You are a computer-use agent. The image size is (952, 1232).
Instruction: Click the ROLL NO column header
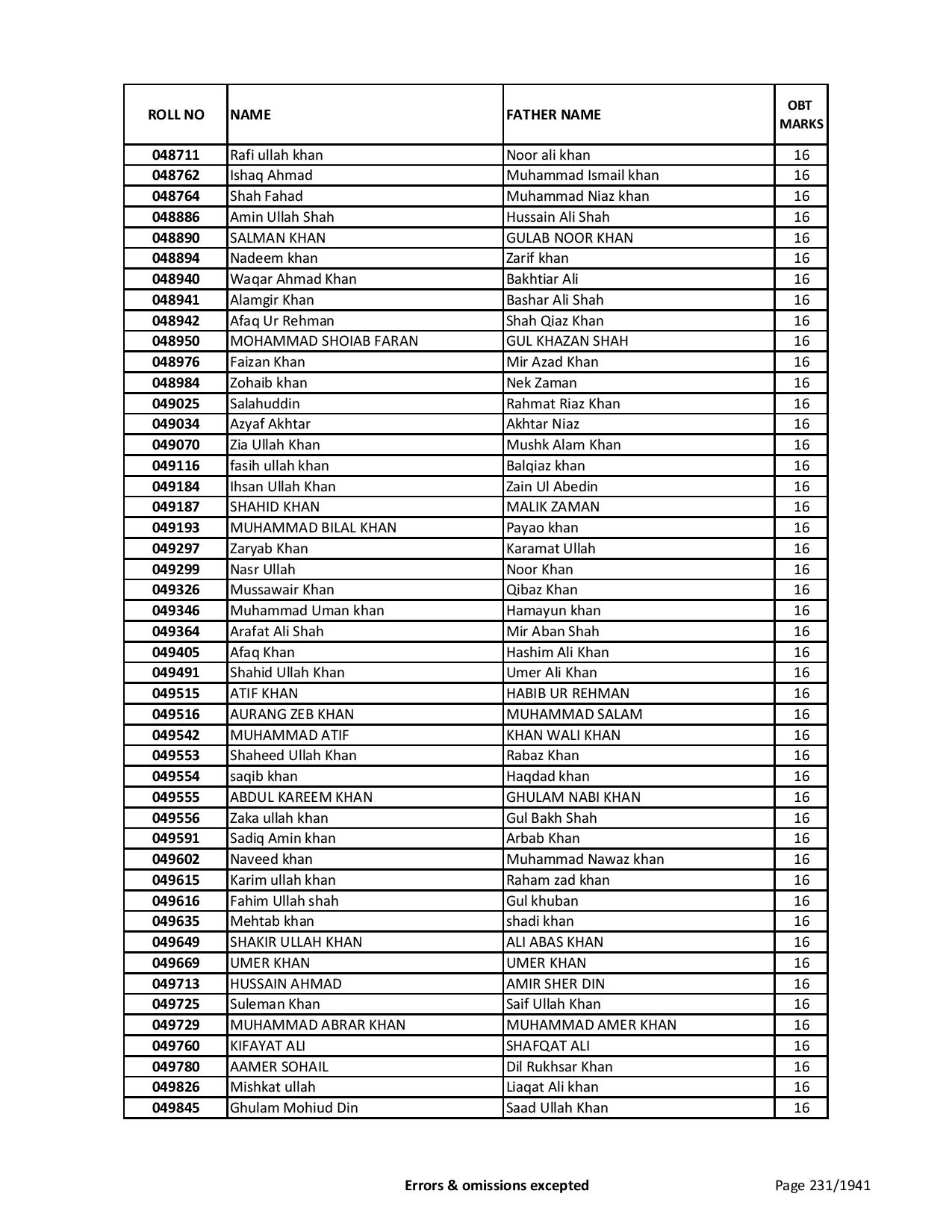(175, 114)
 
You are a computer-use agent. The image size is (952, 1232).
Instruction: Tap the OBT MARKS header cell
(801, 114)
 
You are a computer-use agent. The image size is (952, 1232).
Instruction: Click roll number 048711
(175, 155)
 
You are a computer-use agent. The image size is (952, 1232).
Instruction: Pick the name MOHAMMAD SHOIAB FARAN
(324, 341)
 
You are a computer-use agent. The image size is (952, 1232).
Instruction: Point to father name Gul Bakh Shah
(551, 818)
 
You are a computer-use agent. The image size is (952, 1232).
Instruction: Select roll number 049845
(175, 1108)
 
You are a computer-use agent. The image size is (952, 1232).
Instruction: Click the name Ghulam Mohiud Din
(294, 1108)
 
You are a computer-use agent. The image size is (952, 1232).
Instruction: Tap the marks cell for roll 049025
(801, 404)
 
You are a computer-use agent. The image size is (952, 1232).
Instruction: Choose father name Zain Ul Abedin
(552, 487)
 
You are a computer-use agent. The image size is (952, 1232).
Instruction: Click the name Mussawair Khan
(282, 590)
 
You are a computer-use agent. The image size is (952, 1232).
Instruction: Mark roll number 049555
(175, 797)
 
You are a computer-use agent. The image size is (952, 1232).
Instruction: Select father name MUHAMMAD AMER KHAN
(591, 1025)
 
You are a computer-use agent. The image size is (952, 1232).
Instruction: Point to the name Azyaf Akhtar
(270, 424)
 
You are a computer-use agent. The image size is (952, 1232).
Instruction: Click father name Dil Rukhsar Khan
(559, 1067)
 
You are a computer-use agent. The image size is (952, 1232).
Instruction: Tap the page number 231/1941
(822, 1185)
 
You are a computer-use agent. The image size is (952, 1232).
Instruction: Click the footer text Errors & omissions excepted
(497, 1185)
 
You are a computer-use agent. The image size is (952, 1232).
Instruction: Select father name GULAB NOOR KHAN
(570, 238)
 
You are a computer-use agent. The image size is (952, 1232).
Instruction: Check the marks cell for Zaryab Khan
(801, 549)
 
